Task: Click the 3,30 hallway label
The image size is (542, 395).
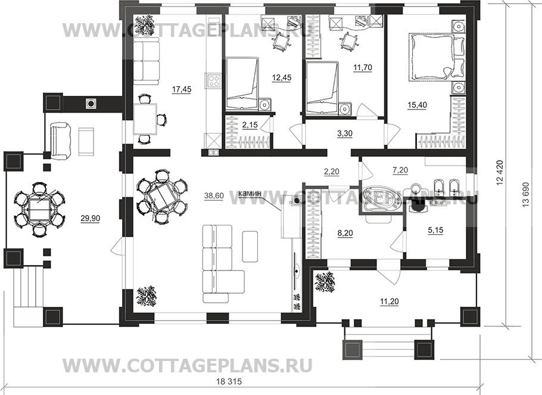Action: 345,134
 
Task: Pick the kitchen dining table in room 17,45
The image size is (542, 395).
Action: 145,119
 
